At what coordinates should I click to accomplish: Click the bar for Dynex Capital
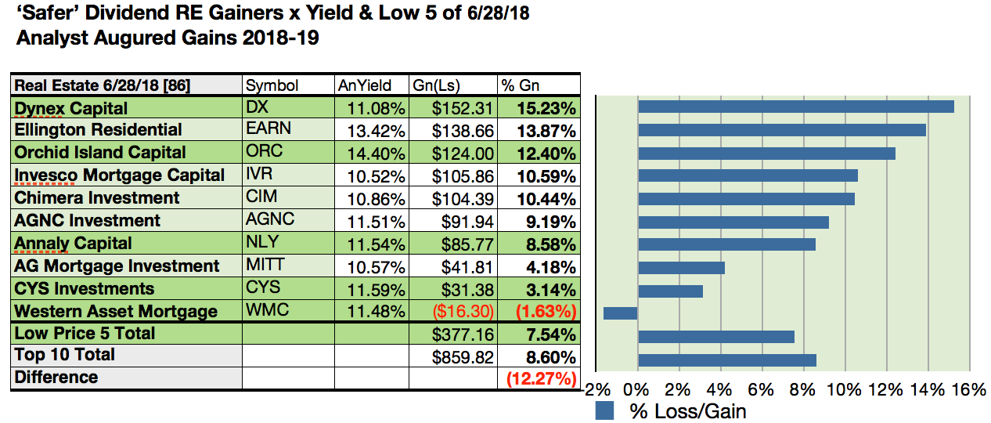click(795, 107)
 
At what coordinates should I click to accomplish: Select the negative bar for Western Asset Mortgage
click(620, 313)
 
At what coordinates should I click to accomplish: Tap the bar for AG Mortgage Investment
click(681, 268)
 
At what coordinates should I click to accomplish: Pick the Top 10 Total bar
click(727, 360)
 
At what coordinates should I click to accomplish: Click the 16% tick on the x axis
click(969, 390)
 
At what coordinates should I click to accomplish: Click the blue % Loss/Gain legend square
click(605, 410)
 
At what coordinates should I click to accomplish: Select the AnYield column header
click(359, 85)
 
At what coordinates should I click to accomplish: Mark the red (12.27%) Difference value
click(541, 379)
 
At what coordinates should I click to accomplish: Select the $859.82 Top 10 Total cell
click(463, 356)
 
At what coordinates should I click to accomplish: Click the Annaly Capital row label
click(74, 244)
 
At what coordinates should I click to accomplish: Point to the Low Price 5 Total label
click(85, 334)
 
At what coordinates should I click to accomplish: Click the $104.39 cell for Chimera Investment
click(463, 198)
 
